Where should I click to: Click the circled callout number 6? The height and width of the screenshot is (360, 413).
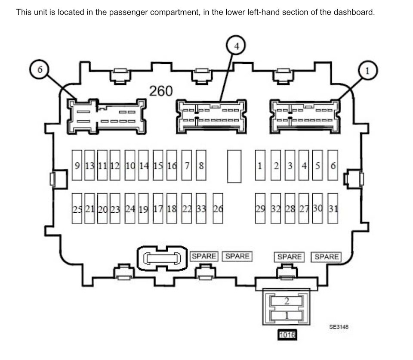(x=40, y=70)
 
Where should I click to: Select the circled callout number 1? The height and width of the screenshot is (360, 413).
(x=368, y=71)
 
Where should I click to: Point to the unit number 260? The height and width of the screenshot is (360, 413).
(x=161, y=91)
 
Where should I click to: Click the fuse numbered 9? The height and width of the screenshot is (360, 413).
(x=77, y=165)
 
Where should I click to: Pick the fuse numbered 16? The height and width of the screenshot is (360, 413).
(x=172, y=165)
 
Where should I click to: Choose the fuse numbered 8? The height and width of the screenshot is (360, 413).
(x=201, y=165)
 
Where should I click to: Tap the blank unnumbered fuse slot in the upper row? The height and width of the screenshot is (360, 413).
(x=234, y=166)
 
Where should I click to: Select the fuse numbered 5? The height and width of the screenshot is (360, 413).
(x=317, y=165)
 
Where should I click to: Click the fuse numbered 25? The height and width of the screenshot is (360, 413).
(x=77, y=208)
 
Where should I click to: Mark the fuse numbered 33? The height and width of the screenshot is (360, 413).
(x=201, y=208)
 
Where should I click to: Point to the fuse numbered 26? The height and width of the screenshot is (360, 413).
(x=218, y=208)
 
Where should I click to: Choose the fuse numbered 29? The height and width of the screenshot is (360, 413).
(x=260, y=208)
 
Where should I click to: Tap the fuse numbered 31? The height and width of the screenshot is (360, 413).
(x=333, y=208)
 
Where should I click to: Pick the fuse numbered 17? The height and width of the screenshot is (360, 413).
(x=158, y=208)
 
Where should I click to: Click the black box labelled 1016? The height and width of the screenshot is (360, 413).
(x=287, y=335)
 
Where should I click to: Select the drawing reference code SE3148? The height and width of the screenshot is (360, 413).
(x=339, y=327)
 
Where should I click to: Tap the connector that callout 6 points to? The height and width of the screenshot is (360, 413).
(x=107, y=116)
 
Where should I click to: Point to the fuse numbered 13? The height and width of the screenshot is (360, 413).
(x=89, y=165)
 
